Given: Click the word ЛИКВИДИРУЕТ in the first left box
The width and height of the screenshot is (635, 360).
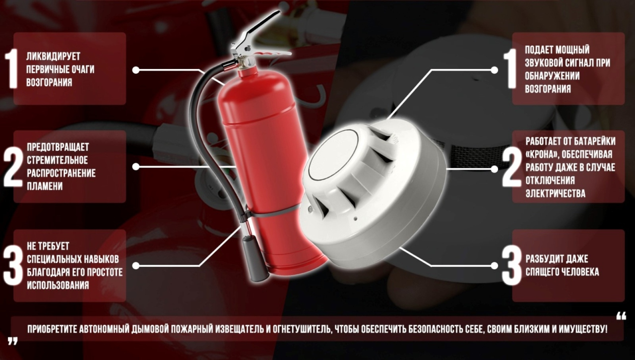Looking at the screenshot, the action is (x=53, y=57).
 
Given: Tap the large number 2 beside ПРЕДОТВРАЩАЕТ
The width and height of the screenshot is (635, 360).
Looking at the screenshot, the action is (x=13, y=167).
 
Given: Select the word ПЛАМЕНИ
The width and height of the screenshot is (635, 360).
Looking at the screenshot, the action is (x=45, y=186).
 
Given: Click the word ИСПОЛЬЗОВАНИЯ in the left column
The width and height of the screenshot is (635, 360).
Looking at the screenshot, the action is (x=58, y=285).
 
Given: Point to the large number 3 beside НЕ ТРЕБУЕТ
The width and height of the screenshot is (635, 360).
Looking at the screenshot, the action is (x=13, y=265).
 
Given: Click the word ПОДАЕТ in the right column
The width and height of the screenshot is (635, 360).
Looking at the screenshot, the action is (x=539, y=50).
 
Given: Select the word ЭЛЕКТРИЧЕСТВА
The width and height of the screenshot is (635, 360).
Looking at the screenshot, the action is (x=555, y=193).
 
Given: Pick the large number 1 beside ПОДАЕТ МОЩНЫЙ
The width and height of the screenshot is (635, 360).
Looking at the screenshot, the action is (x=510, y=69).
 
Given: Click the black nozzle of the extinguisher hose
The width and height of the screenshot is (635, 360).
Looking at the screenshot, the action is (x=254, y=259).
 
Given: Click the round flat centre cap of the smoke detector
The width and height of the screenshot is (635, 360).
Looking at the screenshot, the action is (x=333, y=155).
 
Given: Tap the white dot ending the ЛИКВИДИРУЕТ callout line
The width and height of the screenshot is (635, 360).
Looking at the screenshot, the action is (x=136, y=70).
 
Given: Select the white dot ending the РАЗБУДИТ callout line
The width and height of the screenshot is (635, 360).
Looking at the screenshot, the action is (x=494, y=266).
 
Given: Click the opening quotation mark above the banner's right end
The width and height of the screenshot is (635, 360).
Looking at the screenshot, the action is (x=621, y=316).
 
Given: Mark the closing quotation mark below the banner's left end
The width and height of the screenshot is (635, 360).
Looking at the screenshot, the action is (x=13, y=341).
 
